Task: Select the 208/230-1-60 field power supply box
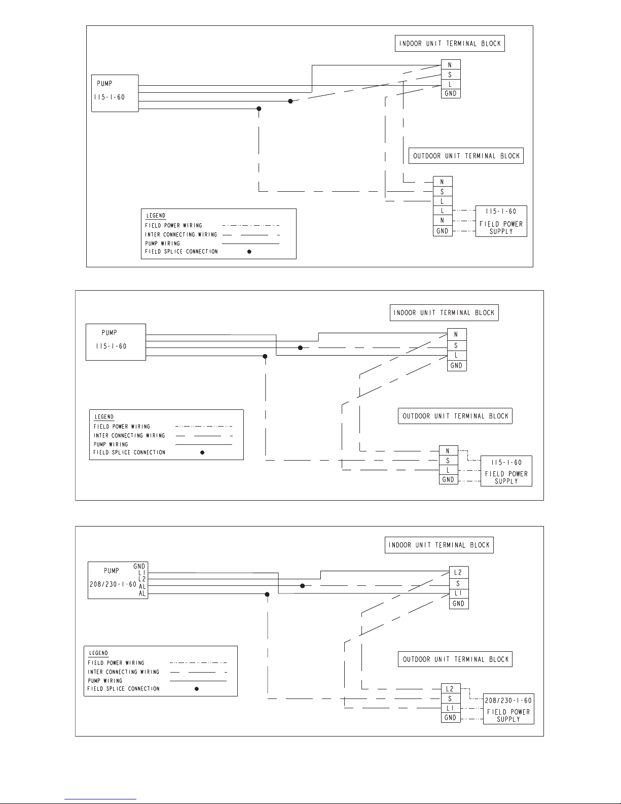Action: [x=508, y=708]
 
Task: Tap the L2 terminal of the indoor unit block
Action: [x=458, y=572]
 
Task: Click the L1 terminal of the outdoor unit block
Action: [x=450, y=708]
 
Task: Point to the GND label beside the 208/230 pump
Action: [x=139, y=566]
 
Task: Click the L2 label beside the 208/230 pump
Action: [x=141, y=578]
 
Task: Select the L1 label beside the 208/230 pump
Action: [x=142, y=572]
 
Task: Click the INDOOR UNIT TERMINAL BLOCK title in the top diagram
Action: [x=450, y=44]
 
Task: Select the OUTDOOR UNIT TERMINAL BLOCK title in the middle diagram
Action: [x=455, y=416]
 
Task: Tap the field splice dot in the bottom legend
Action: [x=197, y=689]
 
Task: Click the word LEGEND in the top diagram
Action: [x=156, y=216]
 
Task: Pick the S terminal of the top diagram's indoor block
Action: [x=450, y=75]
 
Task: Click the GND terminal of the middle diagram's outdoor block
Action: [x=448, y=480]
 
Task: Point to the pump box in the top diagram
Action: [x=115, y=93]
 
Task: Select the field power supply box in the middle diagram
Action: [x=506, y=471]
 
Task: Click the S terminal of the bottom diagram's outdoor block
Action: [x=450, y=698]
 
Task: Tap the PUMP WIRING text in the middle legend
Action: [x=111, y=444]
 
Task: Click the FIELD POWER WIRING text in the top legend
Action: [x=173, y=225]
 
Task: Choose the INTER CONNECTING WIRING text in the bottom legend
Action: [x=123, y=672]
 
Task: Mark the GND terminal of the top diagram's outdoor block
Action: [x=443, y=231]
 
